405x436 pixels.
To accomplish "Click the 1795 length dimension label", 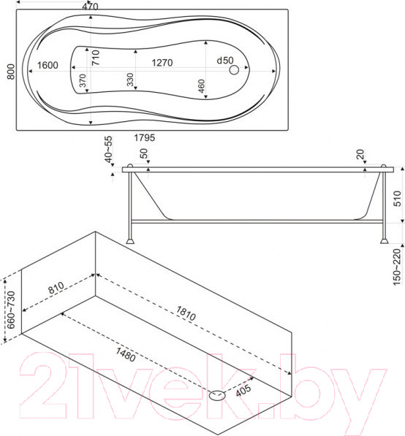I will [144, 137].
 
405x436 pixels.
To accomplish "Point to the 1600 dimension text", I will [48, 65].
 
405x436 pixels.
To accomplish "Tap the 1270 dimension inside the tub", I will [162, 63].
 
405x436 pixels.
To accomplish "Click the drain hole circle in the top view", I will [235, 70].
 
